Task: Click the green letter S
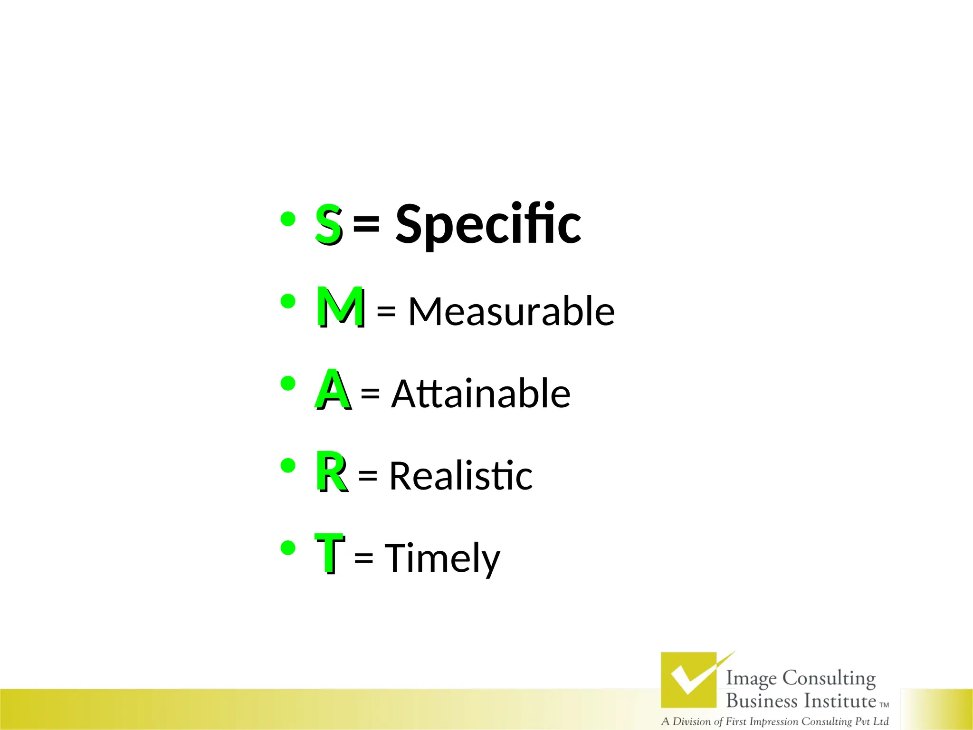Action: [x=328, y=223]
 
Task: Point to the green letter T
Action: [x=329, y=553]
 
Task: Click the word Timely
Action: [x=442, y=558]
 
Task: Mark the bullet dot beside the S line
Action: [x=288, y=219]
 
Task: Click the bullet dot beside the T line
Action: [x=288, y=548]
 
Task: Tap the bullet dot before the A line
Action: [x=288, y=383]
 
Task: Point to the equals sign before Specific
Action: [x=366, y=223]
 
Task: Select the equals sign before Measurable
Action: [x=386, y=312]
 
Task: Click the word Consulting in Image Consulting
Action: [x=829, y=679]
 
